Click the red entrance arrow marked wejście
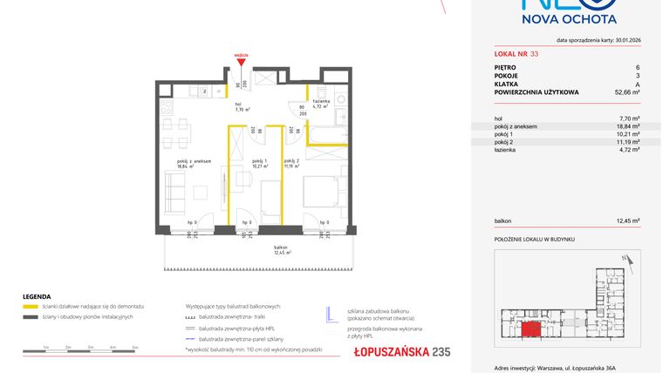click(x=242, y=61)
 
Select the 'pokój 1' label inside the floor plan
click(x=258, y=161)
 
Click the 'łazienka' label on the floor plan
click(x=320, y=103)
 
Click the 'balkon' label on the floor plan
click(x=280, y=248)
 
